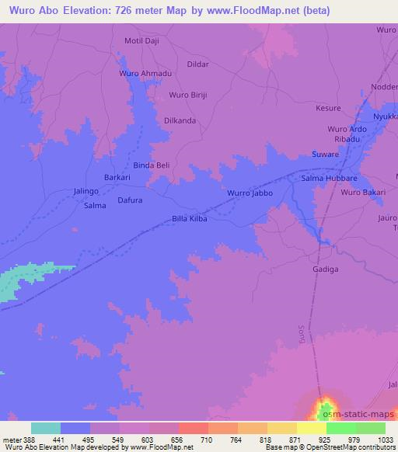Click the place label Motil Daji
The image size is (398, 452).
tap(141, 40)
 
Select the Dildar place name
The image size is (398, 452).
tap(199, 64)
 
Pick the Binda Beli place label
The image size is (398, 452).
tap(152, 165)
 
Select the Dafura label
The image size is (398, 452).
tap(130, 200)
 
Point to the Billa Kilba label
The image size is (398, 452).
tap(190, 220)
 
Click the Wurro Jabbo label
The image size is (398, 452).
tap(250, 192)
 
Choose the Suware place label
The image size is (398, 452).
tap(325, 155)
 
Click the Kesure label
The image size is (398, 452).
tap(329, 109)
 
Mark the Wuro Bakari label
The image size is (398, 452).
tap(362, 192)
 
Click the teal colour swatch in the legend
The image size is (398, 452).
tap(46, 428)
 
